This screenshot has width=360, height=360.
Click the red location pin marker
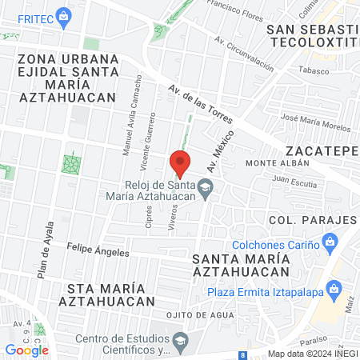pos(180,162)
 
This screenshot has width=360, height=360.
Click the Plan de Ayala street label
pos(45,248)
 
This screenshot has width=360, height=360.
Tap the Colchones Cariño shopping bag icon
pos(329,241)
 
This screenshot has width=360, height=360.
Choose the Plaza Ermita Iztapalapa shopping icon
pos(338,288)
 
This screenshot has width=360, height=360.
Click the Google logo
pos(26,350)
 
